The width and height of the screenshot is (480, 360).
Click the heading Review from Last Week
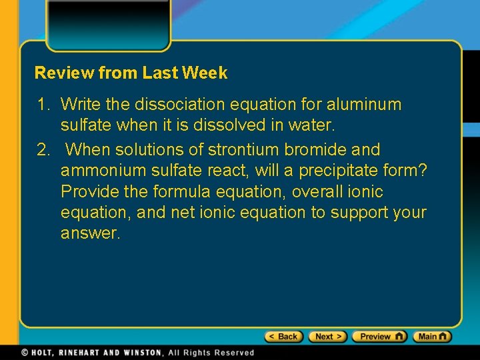coord(131,73)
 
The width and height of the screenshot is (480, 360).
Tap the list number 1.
coord(43,105)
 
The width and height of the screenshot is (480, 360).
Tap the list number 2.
coord(43,149)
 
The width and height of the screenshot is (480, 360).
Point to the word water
coord(313,125)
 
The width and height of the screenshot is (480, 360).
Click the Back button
coord(284,337)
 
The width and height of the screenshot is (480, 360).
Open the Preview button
coord(379,337)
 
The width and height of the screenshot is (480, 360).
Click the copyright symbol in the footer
coord(25,353)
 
